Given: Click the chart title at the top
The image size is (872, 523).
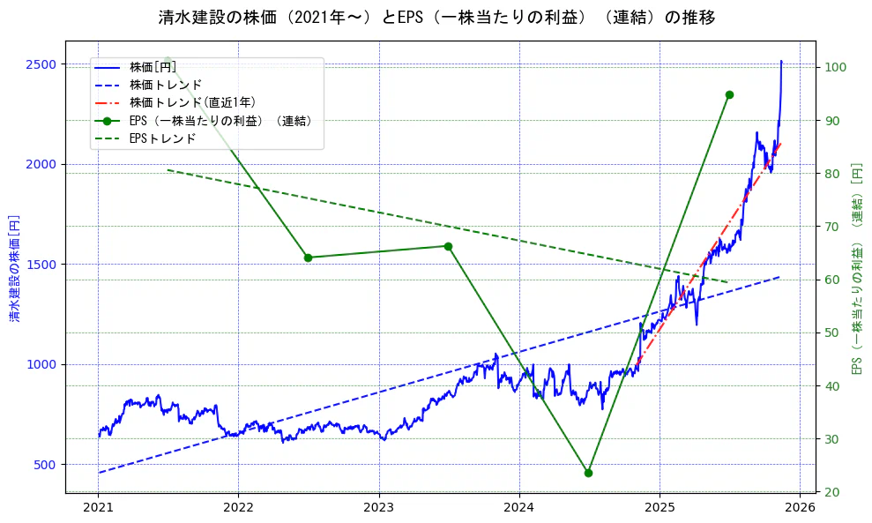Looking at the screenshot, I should point(436,18).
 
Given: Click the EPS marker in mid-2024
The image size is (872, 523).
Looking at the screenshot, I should point(588,473).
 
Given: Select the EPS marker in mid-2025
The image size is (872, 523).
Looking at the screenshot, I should point(729,94).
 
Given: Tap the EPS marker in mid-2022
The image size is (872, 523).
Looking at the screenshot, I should point(308,258).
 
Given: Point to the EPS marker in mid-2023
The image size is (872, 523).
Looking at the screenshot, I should point(448,246).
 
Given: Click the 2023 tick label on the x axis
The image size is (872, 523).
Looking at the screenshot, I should point(378,507).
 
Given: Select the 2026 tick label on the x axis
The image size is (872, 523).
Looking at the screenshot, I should point(800,507).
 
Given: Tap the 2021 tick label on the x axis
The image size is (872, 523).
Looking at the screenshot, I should point(98,507).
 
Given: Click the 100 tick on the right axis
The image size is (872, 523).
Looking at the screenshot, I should point(836,67).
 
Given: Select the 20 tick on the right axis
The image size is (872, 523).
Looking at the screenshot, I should point(833,491).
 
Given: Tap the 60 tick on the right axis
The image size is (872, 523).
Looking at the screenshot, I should point(833,280).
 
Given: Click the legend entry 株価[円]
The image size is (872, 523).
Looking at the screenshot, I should point(153,67).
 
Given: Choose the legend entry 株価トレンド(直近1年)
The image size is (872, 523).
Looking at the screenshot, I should point(192,103).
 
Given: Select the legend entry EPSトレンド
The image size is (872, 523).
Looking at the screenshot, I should point(162,138).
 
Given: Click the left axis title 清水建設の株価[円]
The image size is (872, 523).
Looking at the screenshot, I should point(14,266).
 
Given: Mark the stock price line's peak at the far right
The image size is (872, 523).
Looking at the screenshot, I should point(781,61).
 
